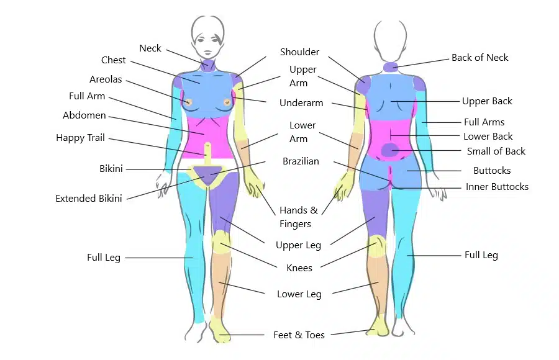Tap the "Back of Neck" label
[479, 58]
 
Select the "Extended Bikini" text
[88, 199]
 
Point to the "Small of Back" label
[496, 151]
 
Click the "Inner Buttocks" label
[497, 186]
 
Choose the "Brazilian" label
[301, 161]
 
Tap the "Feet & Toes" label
[299, 335]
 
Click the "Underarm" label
[301, 103]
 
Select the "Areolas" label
[106, 79]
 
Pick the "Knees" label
[299, 268]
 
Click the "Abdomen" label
[84, 115]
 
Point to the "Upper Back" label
[487, 101]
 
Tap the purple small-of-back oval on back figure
[389, 150]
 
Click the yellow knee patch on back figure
[376, 245]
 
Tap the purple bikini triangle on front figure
[206, 174]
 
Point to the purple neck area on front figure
[207, 66]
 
